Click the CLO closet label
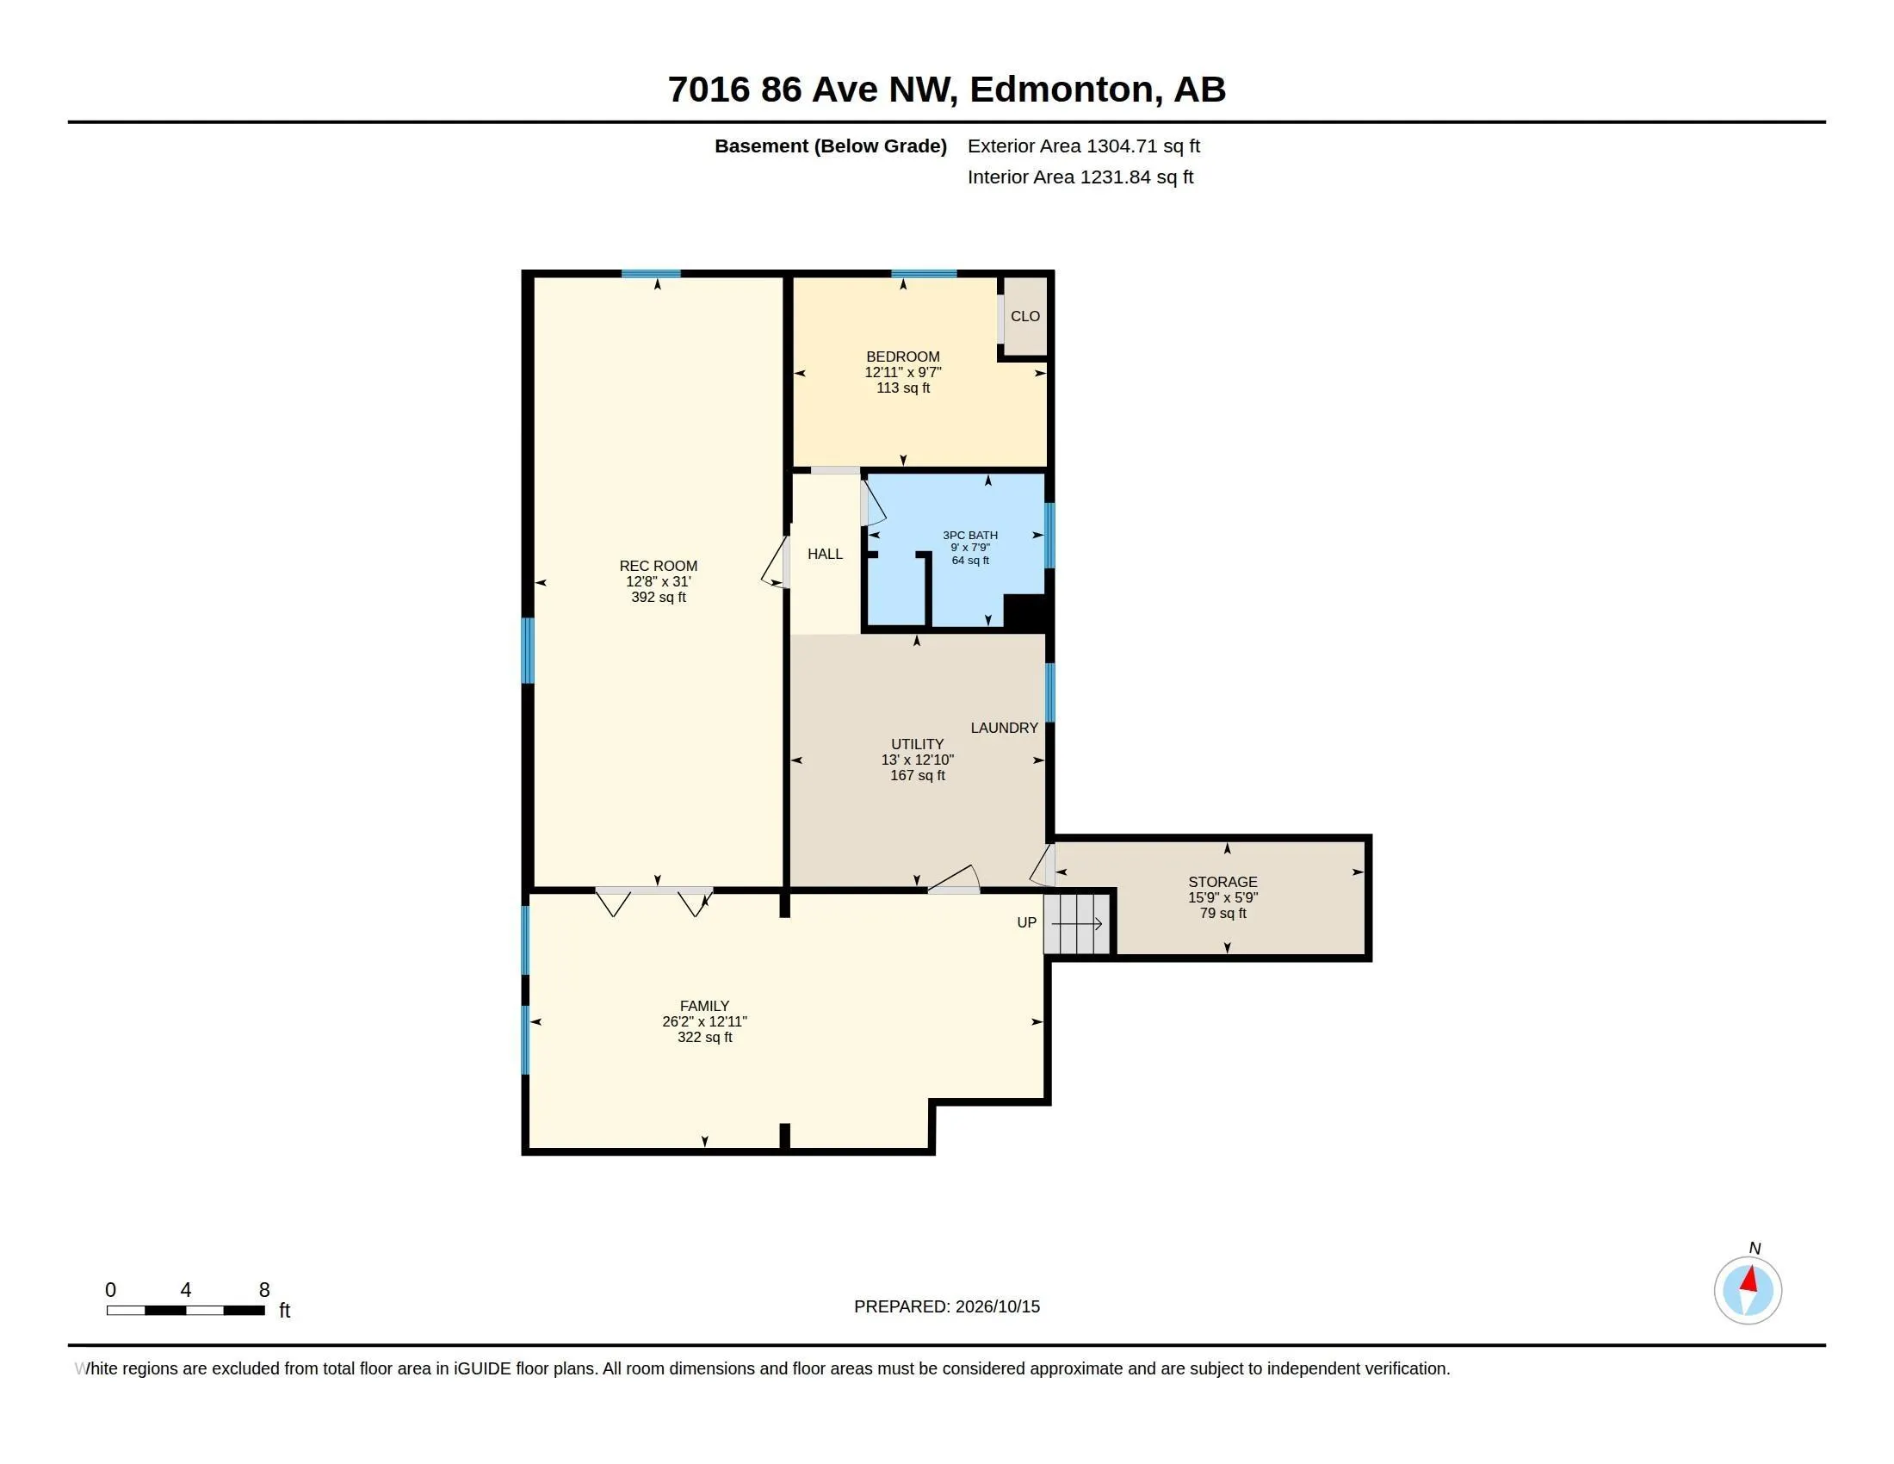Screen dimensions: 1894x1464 point(1025,317)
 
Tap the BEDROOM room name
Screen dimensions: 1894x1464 point(903,357)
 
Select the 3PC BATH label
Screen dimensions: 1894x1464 point(970,535)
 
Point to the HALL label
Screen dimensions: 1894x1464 point(825,555)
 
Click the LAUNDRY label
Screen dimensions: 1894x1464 point(1004,728)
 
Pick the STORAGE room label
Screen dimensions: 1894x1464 point(1222,882)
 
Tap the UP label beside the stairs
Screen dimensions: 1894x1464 point(1027,923)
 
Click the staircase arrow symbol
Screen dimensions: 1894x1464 point(1076,924)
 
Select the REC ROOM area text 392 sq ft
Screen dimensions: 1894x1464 point(659,598)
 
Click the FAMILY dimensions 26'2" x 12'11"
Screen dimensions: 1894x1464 point(704,1021)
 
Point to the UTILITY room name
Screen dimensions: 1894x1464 point(918,744)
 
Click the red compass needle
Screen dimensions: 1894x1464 point(1749,1279)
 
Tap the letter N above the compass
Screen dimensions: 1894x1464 point(1755,1248)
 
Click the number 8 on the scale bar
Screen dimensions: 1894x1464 point(264,1290)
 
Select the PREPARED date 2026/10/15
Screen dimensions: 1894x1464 point(997,1306)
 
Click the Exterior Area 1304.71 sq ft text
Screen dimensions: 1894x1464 point(1083,146)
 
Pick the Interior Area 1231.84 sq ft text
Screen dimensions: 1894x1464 point(1080,177)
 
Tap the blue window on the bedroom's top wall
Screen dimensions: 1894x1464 point(924,274)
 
